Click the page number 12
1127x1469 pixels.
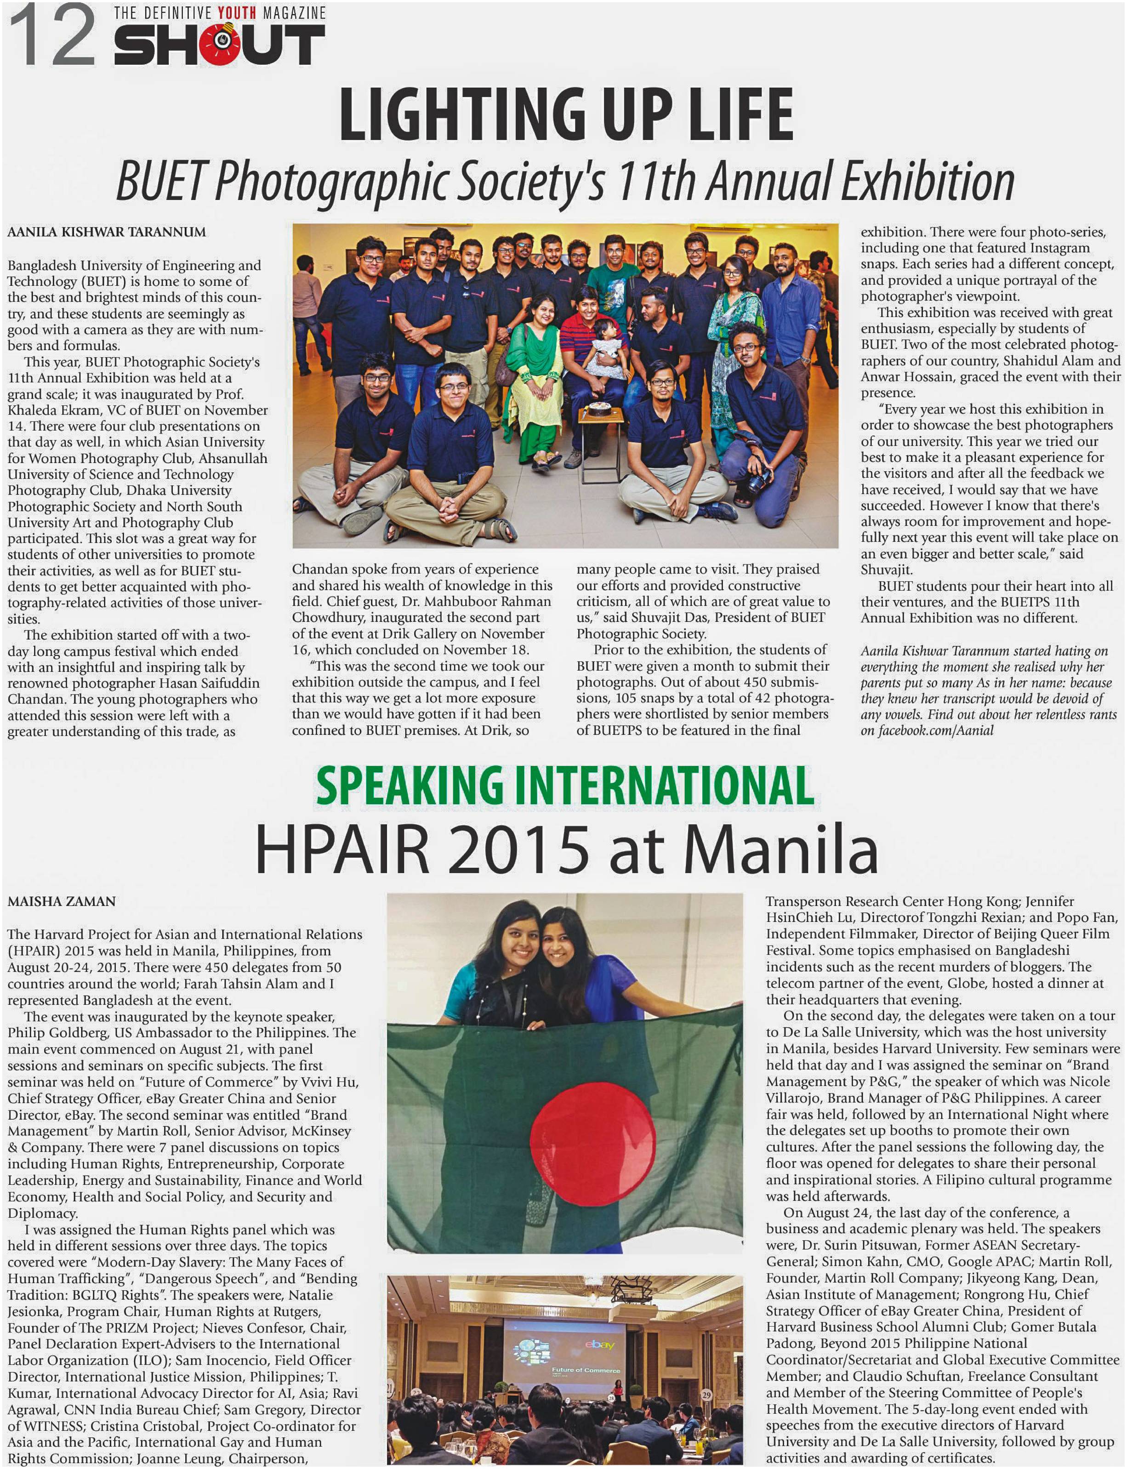click(x=52, y=37)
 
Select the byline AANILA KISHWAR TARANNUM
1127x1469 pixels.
click(x=107, y=232)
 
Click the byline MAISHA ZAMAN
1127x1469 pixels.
click(x=62, y=901)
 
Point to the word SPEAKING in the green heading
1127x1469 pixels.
click(x=409, y=786)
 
